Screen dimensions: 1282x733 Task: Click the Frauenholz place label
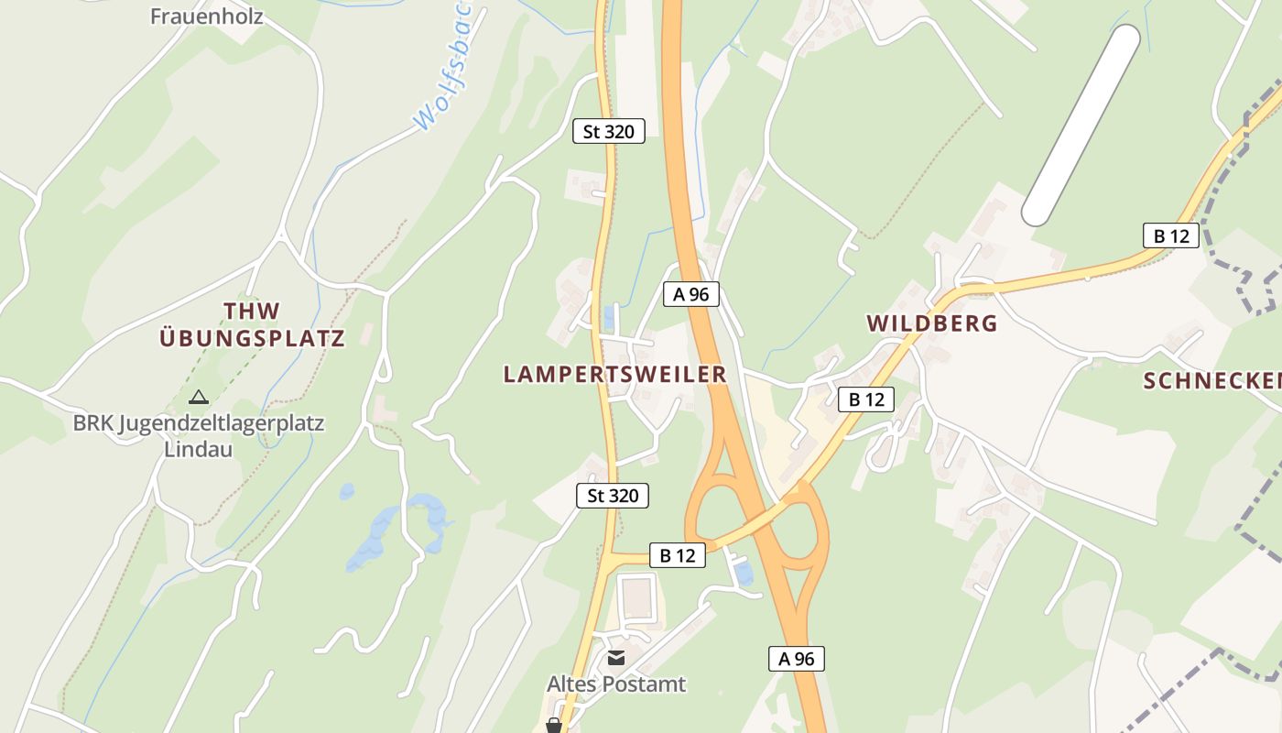pyautogui.click(x=206, y=16)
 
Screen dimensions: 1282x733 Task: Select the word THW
pyautogui.click(x=253, y=311)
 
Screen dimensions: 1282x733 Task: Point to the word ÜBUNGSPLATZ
pyautogui.click(x=253, y=338)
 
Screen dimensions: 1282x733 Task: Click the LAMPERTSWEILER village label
pyautogui.click(x=614, y=374)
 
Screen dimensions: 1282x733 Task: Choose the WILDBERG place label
pyautogui.click(x=931, y=323)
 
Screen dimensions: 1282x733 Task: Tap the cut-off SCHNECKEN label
pyautogui.click(x=1211, y=381)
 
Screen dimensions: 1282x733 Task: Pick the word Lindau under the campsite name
pyautogui.click(x=199, y=450)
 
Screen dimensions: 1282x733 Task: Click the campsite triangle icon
pyautogui.click(x=198, y=398)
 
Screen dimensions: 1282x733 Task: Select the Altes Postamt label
pyautogui.click(x=616, y=684)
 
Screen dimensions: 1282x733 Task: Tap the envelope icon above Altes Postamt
pyautogui.click(x=615, y=658)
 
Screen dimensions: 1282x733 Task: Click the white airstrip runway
pyautogui.click(x=1081, y=125)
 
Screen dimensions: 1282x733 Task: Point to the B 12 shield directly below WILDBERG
pyautogui.click(x=865, y=399)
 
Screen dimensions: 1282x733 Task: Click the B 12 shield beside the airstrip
pyautogui.click(x=1170, y=235)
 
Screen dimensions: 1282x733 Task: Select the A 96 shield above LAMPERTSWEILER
pyautogui.click(x=691, y=294)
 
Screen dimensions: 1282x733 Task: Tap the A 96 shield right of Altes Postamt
pyautogui.click(x=796, y=658)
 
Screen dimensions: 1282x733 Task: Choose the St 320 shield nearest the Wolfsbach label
pyautogui.click(x=608, y=131)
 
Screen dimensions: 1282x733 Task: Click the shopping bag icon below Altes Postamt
pyautogui.click(x=553, y=726)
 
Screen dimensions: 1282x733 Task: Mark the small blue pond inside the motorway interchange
pyautogui.click(x=743, y=574)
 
